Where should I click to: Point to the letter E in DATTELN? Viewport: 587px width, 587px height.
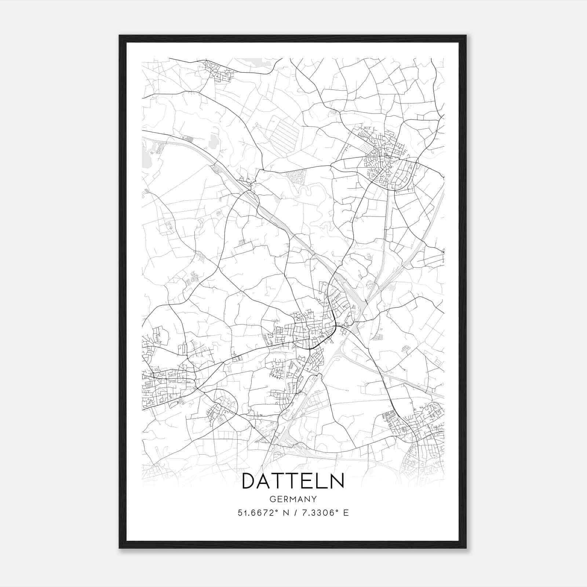click(x=310, y=481)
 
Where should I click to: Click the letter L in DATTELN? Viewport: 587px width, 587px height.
click(x=322, y=481)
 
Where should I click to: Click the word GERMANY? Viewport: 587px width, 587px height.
click(x=293, y=499)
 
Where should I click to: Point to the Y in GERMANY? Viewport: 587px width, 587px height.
click(x=314, y=499)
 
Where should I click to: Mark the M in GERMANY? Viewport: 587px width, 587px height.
click(x=293, y=499)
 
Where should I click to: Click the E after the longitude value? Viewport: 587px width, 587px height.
click(x=346, y=513)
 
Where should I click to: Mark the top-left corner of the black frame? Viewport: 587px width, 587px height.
click(x=120, y=36)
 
